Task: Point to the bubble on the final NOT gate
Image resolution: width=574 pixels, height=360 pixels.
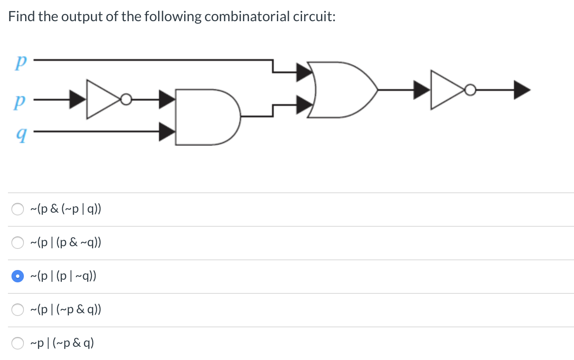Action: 470,90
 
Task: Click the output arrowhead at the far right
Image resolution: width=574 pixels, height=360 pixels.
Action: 521,90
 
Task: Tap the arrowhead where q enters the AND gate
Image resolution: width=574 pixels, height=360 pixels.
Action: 166,131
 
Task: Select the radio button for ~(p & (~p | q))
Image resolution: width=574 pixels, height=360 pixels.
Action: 18,209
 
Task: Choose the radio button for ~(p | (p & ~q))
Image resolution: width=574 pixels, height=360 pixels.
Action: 18,243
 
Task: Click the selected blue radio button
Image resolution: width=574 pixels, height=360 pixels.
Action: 18,276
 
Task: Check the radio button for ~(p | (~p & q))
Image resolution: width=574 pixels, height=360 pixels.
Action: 18,310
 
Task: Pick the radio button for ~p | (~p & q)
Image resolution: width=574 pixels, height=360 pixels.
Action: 18,343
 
